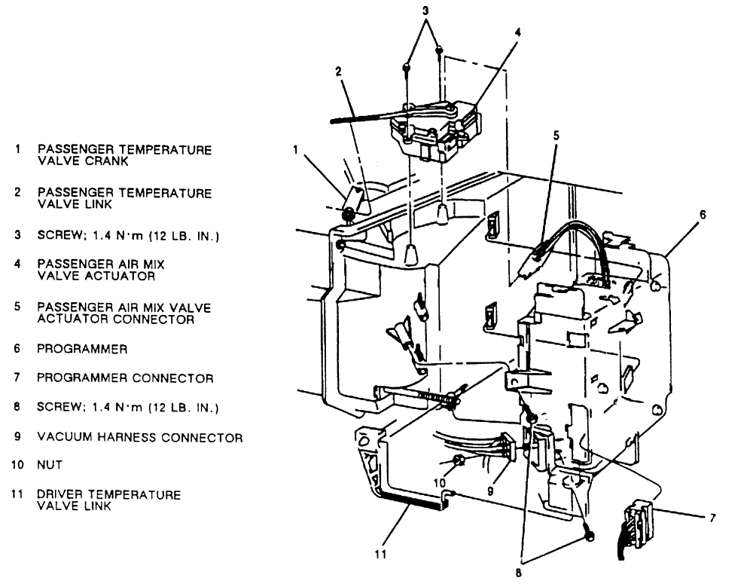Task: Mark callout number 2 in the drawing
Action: point(338,72)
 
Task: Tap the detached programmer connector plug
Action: point(634,524)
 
